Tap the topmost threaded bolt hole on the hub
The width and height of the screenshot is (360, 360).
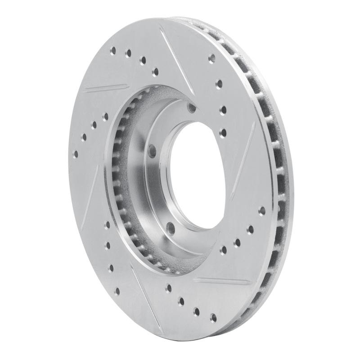pyautogui.click(x=191, y=107)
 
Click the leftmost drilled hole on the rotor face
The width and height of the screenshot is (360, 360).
pyautogui.click(x=75, y=154)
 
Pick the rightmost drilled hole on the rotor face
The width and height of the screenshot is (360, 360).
pyautogui.click(x=262, y=210)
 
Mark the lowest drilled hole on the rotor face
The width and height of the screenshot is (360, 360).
pyautogui.click(x=213, y=318)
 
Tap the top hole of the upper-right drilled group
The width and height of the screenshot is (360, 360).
pyautogui.click(x=211, y=58)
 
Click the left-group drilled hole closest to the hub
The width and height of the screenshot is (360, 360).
pyautogui.click(x=105, y=116)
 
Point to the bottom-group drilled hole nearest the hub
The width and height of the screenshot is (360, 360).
pyautogui.click(x=169, y=287)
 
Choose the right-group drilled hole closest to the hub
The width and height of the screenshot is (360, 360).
pyautogui.click(x=223, y=248)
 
